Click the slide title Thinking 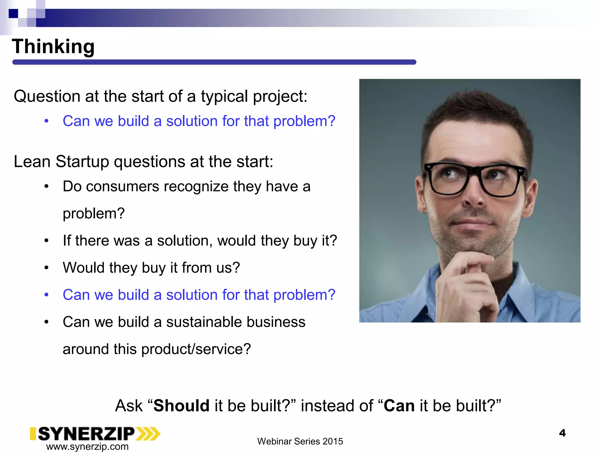click(53, 46)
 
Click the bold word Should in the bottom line click(181, 406)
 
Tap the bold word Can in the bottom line click(399, 406)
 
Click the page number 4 click(562, 433)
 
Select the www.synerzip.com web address click(87, 446)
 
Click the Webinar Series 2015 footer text click(300, 441)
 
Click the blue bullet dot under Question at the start click(46, 121)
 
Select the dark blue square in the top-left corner click(13, 14)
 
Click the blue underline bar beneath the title click(214, 62)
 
